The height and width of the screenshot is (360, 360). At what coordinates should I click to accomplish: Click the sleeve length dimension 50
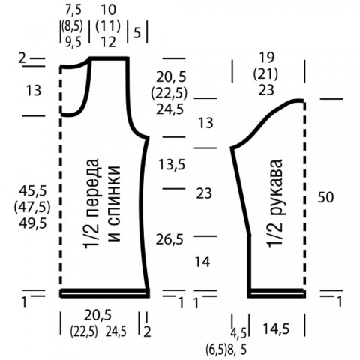pos(325,197)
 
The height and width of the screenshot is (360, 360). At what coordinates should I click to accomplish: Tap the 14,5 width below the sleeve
pos(276,328)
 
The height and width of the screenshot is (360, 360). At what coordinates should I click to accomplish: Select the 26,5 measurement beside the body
pos(169,239)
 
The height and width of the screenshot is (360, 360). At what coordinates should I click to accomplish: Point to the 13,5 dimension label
pos(172,165)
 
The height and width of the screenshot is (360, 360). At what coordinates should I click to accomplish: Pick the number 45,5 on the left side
pos(33,191)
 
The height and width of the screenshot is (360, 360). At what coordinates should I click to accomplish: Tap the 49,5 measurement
pos(33,223)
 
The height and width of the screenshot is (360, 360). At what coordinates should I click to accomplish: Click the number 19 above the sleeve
pos(266,58)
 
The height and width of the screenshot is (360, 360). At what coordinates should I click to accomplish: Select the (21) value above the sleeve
pos(265,74)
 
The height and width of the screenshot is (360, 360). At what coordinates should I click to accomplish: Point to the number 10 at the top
pos(109,10)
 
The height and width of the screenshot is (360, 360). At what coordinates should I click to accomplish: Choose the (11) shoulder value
pos(108,26)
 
